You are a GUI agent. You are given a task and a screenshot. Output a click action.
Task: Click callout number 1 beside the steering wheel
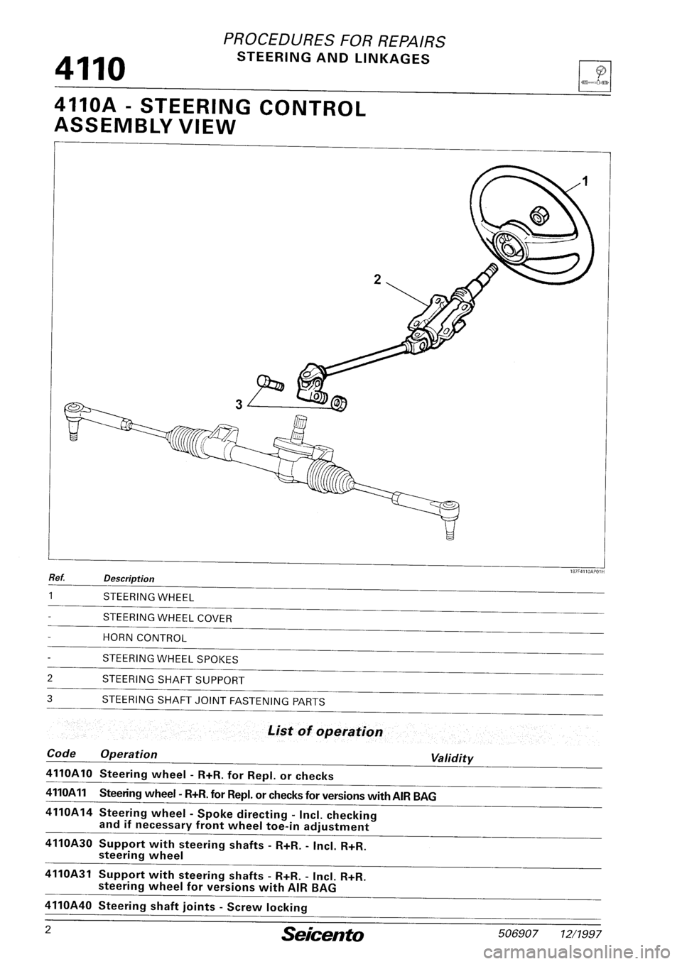pyautogui.click(x=585, y=182)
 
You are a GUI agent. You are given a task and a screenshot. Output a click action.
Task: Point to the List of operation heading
pyautogui.click(x=325, y=732)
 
